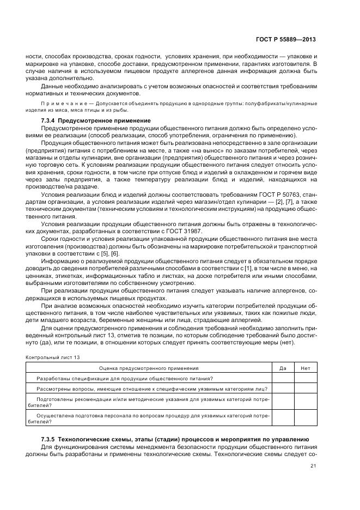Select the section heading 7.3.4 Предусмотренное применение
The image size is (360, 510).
click(x=96, y=120)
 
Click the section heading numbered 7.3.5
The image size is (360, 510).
click(x=175, y=439)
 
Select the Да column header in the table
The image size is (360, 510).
click(x=283, y=368)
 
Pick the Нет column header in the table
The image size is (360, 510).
click(x=305, y=368)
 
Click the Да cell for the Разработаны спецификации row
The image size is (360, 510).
click(x=283, y=378)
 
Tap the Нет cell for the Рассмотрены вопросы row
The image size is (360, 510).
click(x=305, y=388)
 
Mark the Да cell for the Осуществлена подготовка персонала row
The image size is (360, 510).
click(x=283, y=418)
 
